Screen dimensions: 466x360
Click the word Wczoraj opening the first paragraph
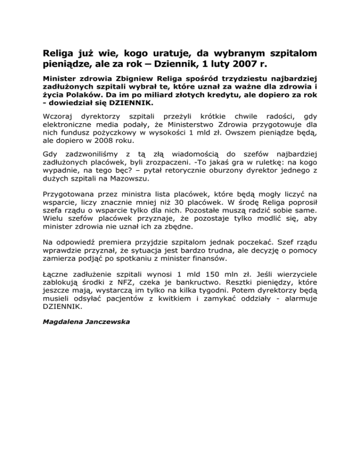(x=58, y=115)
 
